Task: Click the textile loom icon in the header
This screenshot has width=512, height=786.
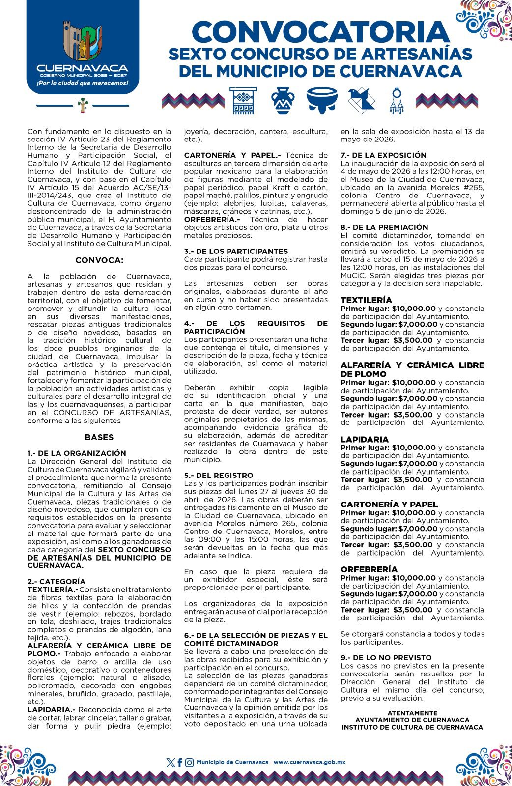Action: tap(243, 100)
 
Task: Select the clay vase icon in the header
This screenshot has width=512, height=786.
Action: tap(283, 100)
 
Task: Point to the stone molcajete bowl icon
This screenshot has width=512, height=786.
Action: tap(322, 99)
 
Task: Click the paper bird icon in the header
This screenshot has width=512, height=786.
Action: tap(361, 100)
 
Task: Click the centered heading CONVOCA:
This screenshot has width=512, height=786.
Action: tap(99, 260)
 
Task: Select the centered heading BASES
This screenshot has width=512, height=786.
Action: tap(99, 437)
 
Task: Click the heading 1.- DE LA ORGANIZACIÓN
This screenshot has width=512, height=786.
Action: tap(77, 453)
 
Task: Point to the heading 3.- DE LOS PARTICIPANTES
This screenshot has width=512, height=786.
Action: tap(236, 251)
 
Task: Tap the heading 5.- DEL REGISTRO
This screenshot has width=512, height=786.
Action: tap(219, 475)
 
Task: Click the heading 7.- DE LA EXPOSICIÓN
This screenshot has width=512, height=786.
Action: tap(384, 155)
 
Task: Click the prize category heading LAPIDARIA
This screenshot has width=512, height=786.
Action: tap(365, 439)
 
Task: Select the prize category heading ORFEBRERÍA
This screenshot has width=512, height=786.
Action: tap(369, 569)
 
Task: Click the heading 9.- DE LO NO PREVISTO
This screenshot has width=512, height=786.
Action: tap(386, 657)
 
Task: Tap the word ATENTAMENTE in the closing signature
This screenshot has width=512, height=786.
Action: tap(412, 713)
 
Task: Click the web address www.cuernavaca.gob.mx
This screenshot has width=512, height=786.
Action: tap(310, 762)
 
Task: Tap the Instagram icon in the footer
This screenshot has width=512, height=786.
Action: tap(189, 763)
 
